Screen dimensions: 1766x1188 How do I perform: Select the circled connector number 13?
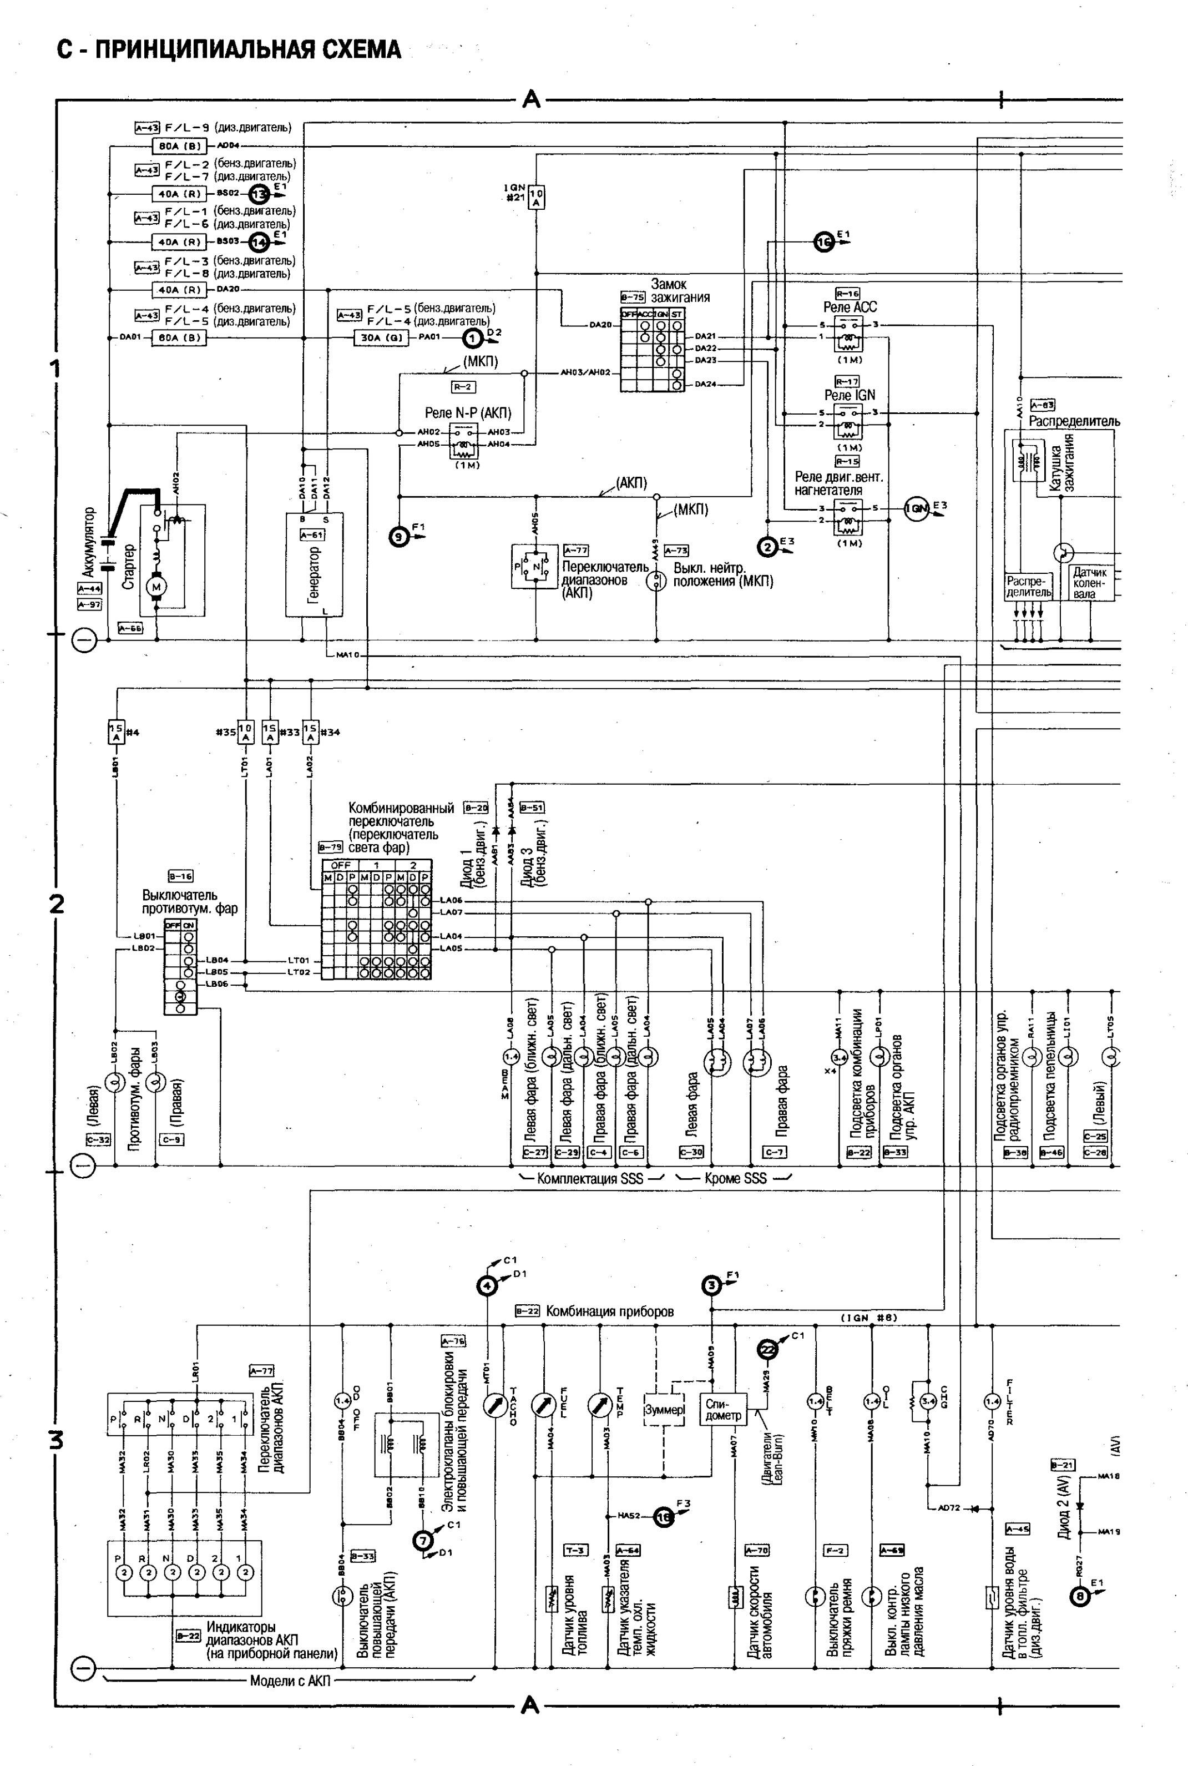260,194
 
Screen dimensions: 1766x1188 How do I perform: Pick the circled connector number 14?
260,243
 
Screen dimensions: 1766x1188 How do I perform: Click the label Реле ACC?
850,307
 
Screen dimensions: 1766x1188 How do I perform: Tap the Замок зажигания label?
680,290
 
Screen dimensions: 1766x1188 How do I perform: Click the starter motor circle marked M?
158,587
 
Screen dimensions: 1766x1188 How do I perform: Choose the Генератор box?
314,564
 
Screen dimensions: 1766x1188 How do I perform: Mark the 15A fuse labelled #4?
117,732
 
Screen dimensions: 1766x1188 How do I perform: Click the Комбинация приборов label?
609,1311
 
